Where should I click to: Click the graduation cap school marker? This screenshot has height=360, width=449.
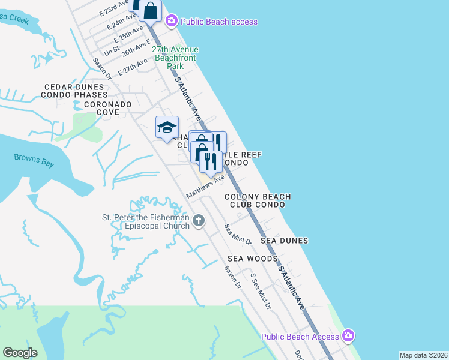(167, 127)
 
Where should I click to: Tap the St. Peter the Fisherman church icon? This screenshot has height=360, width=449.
(199, 221)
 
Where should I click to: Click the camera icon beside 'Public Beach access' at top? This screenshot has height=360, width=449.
(172, 22)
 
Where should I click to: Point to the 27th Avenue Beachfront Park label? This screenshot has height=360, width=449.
(175, 58)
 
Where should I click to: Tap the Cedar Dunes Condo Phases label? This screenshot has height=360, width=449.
(75, 91)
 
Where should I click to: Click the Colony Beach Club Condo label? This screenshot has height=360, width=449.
(258, 200)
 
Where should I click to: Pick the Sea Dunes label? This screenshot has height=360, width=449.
(284, 241)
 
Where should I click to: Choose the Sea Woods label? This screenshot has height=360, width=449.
(252, 259)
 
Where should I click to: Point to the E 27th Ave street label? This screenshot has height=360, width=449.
(133, 67)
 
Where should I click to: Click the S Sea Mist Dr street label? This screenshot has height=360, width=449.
(261, 292)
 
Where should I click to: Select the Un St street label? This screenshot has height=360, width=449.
(112, 52)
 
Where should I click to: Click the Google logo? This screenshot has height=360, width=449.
(20, 353)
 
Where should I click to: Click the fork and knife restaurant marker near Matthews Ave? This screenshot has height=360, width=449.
(211, 161)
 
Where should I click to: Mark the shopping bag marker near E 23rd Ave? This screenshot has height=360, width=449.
(151, 10)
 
